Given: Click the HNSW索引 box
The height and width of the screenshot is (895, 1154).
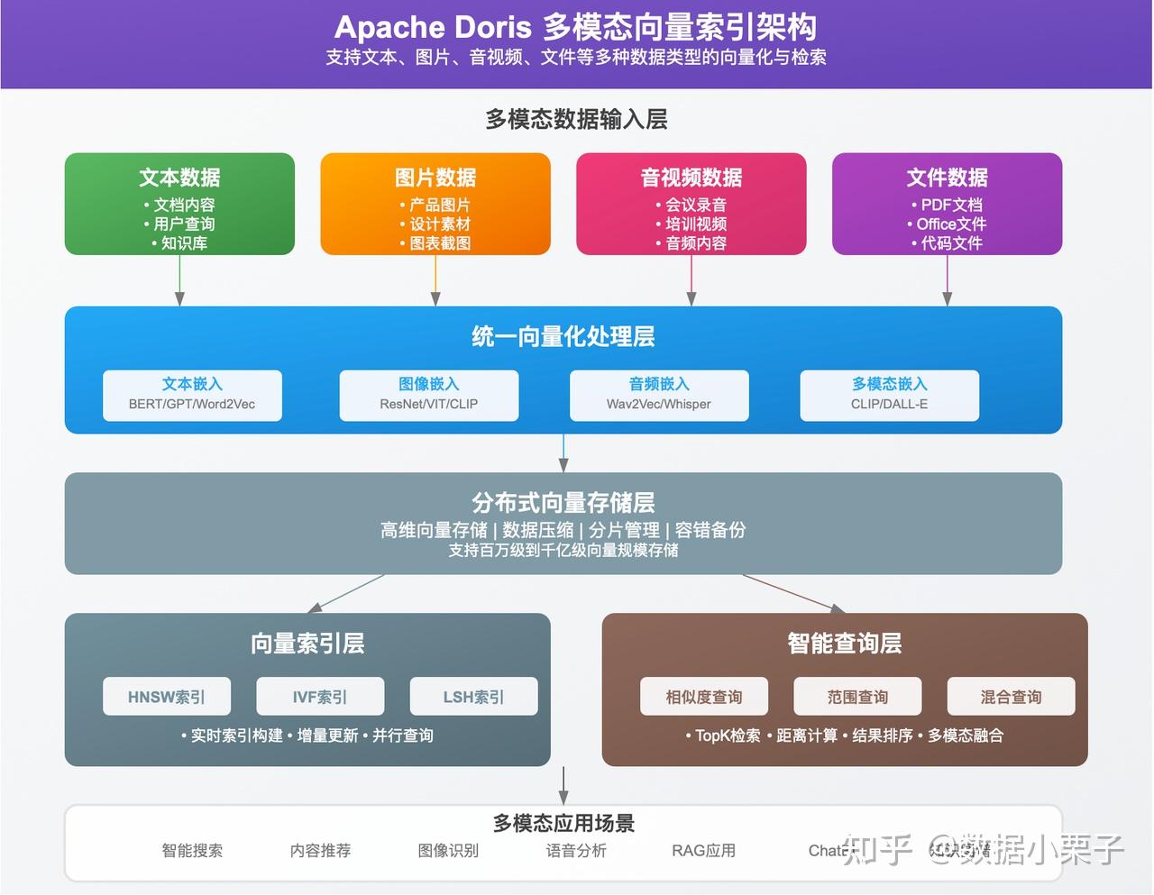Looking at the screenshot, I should tap(167, 697).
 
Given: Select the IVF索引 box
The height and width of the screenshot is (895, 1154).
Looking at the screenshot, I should tap(320, 697).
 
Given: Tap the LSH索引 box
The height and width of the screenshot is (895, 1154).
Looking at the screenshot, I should tap(473, 697).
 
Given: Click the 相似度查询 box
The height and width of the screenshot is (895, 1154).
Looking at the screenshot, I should tap(704, 697).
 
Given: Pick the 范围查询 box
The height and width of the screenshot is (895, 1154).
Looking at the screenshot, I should tap(857, 697).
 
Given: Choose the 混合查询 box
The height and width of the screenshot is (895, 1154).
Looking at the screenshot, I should tap(1011, 697).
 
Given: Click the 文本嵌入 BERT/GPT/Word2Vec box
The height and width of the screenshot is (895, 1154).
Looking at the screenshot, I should tap(192, 395).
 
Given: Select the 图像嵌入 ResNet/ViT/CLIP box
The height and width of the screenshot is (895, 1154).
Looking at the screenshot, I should tap(429, 395).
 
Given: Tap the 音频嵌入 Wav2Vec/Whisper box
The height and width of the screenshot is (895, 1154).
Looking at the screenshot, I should tap(659, 395).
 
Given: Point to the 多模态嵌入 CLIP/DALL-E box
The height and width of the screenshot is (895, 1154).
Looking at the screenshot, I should tap(889, 395).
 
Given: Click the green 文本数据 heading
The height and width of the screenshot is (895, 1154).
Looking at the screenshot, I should tap(179, 178).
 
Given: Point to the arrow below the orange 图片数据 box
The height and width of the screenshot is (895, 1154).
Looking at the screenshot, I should tap(435, 281).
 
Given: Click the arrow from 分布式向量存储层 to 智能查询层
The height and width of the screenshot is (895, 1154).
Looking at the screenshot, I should tap(793, 593).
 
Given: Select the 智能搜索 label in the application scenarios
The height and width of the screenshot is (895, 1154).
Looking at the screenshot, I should tap(192, 850).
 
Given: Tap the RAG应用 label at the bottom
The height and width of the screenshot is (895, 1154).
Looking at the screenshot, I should tap(703, 850).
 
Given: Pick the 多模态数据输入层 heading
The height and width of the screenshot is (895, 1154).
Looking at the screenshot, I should tap(576, 119).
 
